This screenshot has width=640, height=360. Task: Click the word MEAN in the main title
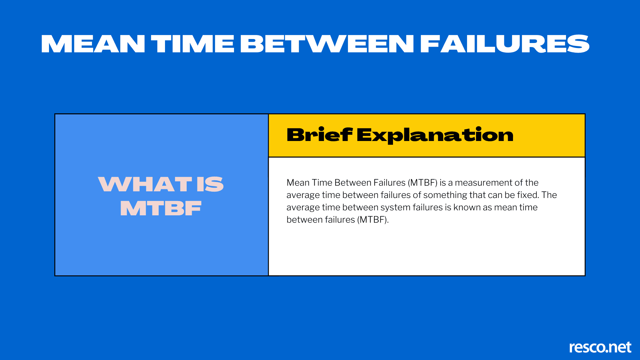[93, 44]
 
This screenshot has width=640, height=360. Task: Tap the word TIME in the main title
[193, 44]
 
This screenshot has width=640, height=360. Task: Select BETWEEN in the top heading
[327, 44]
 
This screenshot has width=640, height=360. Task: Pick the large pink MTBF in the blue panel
[161, 208]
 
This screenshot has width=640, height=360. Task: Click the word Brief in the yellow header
[319, 135]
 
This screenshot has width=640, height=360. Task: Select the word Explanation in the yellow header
[435, 136]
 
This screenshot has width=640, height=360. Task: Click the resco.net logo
[600, 347]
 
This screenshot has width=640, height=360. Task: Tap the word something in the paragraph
[445, 195]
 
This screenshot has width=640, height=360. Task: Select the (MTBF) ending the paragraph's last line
[373, 220]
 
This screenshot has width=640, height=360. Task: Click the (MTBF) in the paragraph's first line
[422, 183]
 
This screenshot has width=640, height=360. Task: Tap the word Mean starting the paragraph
[298, 183]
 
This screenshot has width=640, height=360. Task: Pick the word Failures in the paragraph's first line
[389, 183]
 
